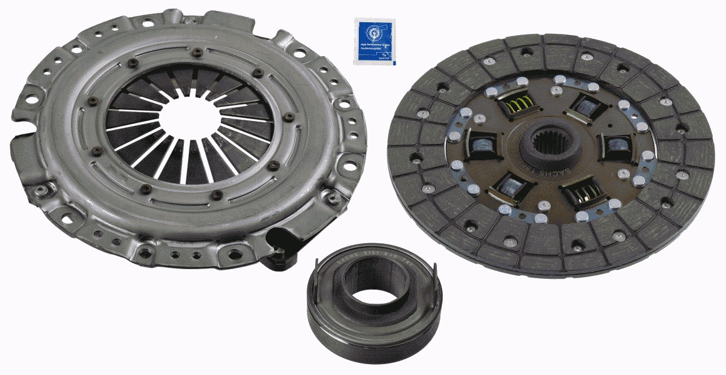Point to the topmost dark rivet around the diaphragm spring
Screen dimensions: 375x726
click(x=197, y=55)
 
